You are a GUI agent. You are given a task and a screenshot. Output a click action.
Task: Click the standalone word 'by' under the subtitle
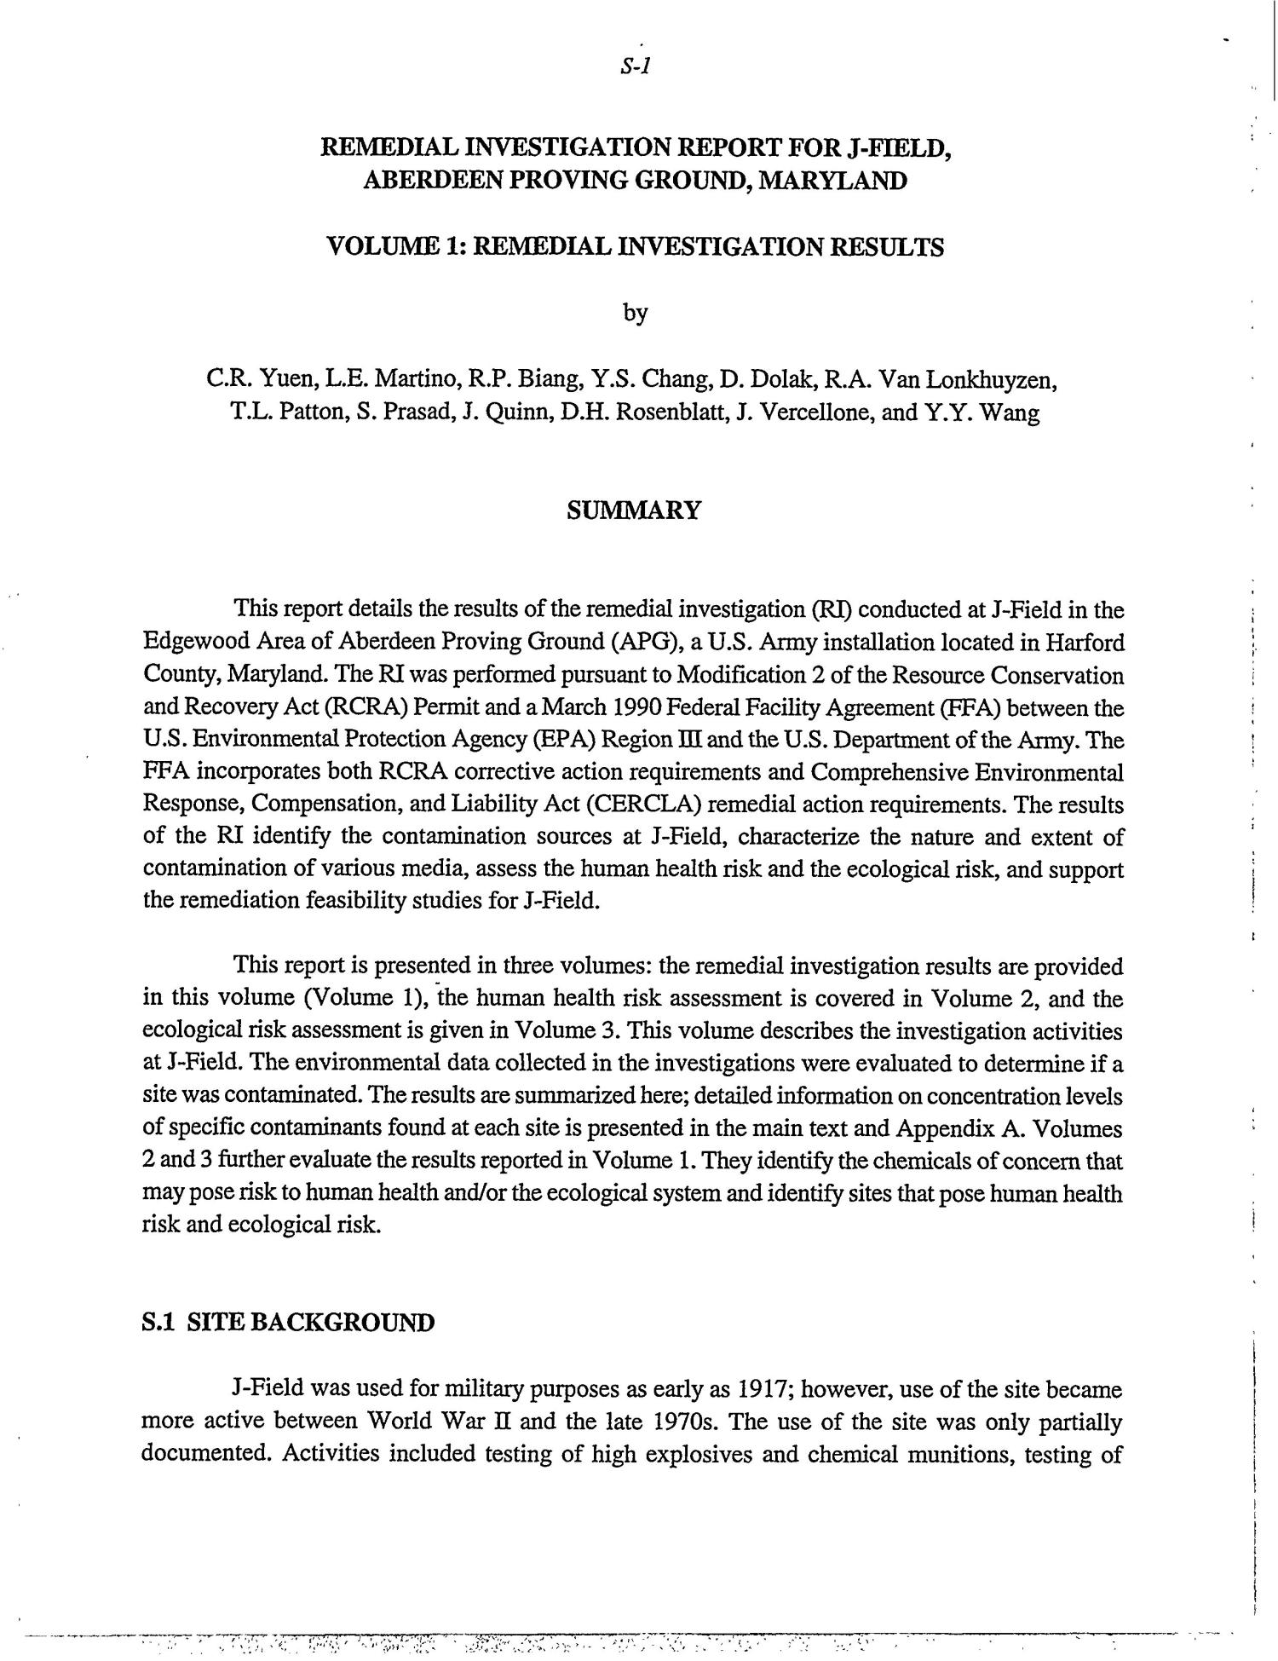coord(636,314)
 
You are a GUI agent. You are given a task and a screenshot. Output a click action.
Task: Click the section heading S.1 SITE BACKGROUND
coord(288,1323)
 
